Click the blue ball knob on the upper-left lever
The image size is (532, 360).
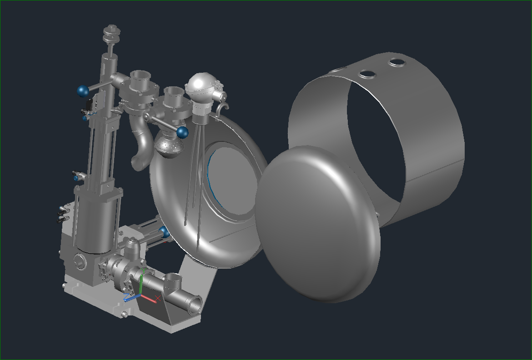83,91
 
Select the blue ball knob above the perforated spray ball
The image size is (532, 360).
182,133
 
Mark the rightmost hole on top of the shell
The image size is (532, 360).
396,62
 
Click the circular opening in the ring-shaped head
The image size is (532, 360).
232,182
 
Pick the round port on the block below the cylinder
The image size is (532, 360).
80,262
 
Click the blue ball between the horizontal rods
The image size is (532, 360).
165,233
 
